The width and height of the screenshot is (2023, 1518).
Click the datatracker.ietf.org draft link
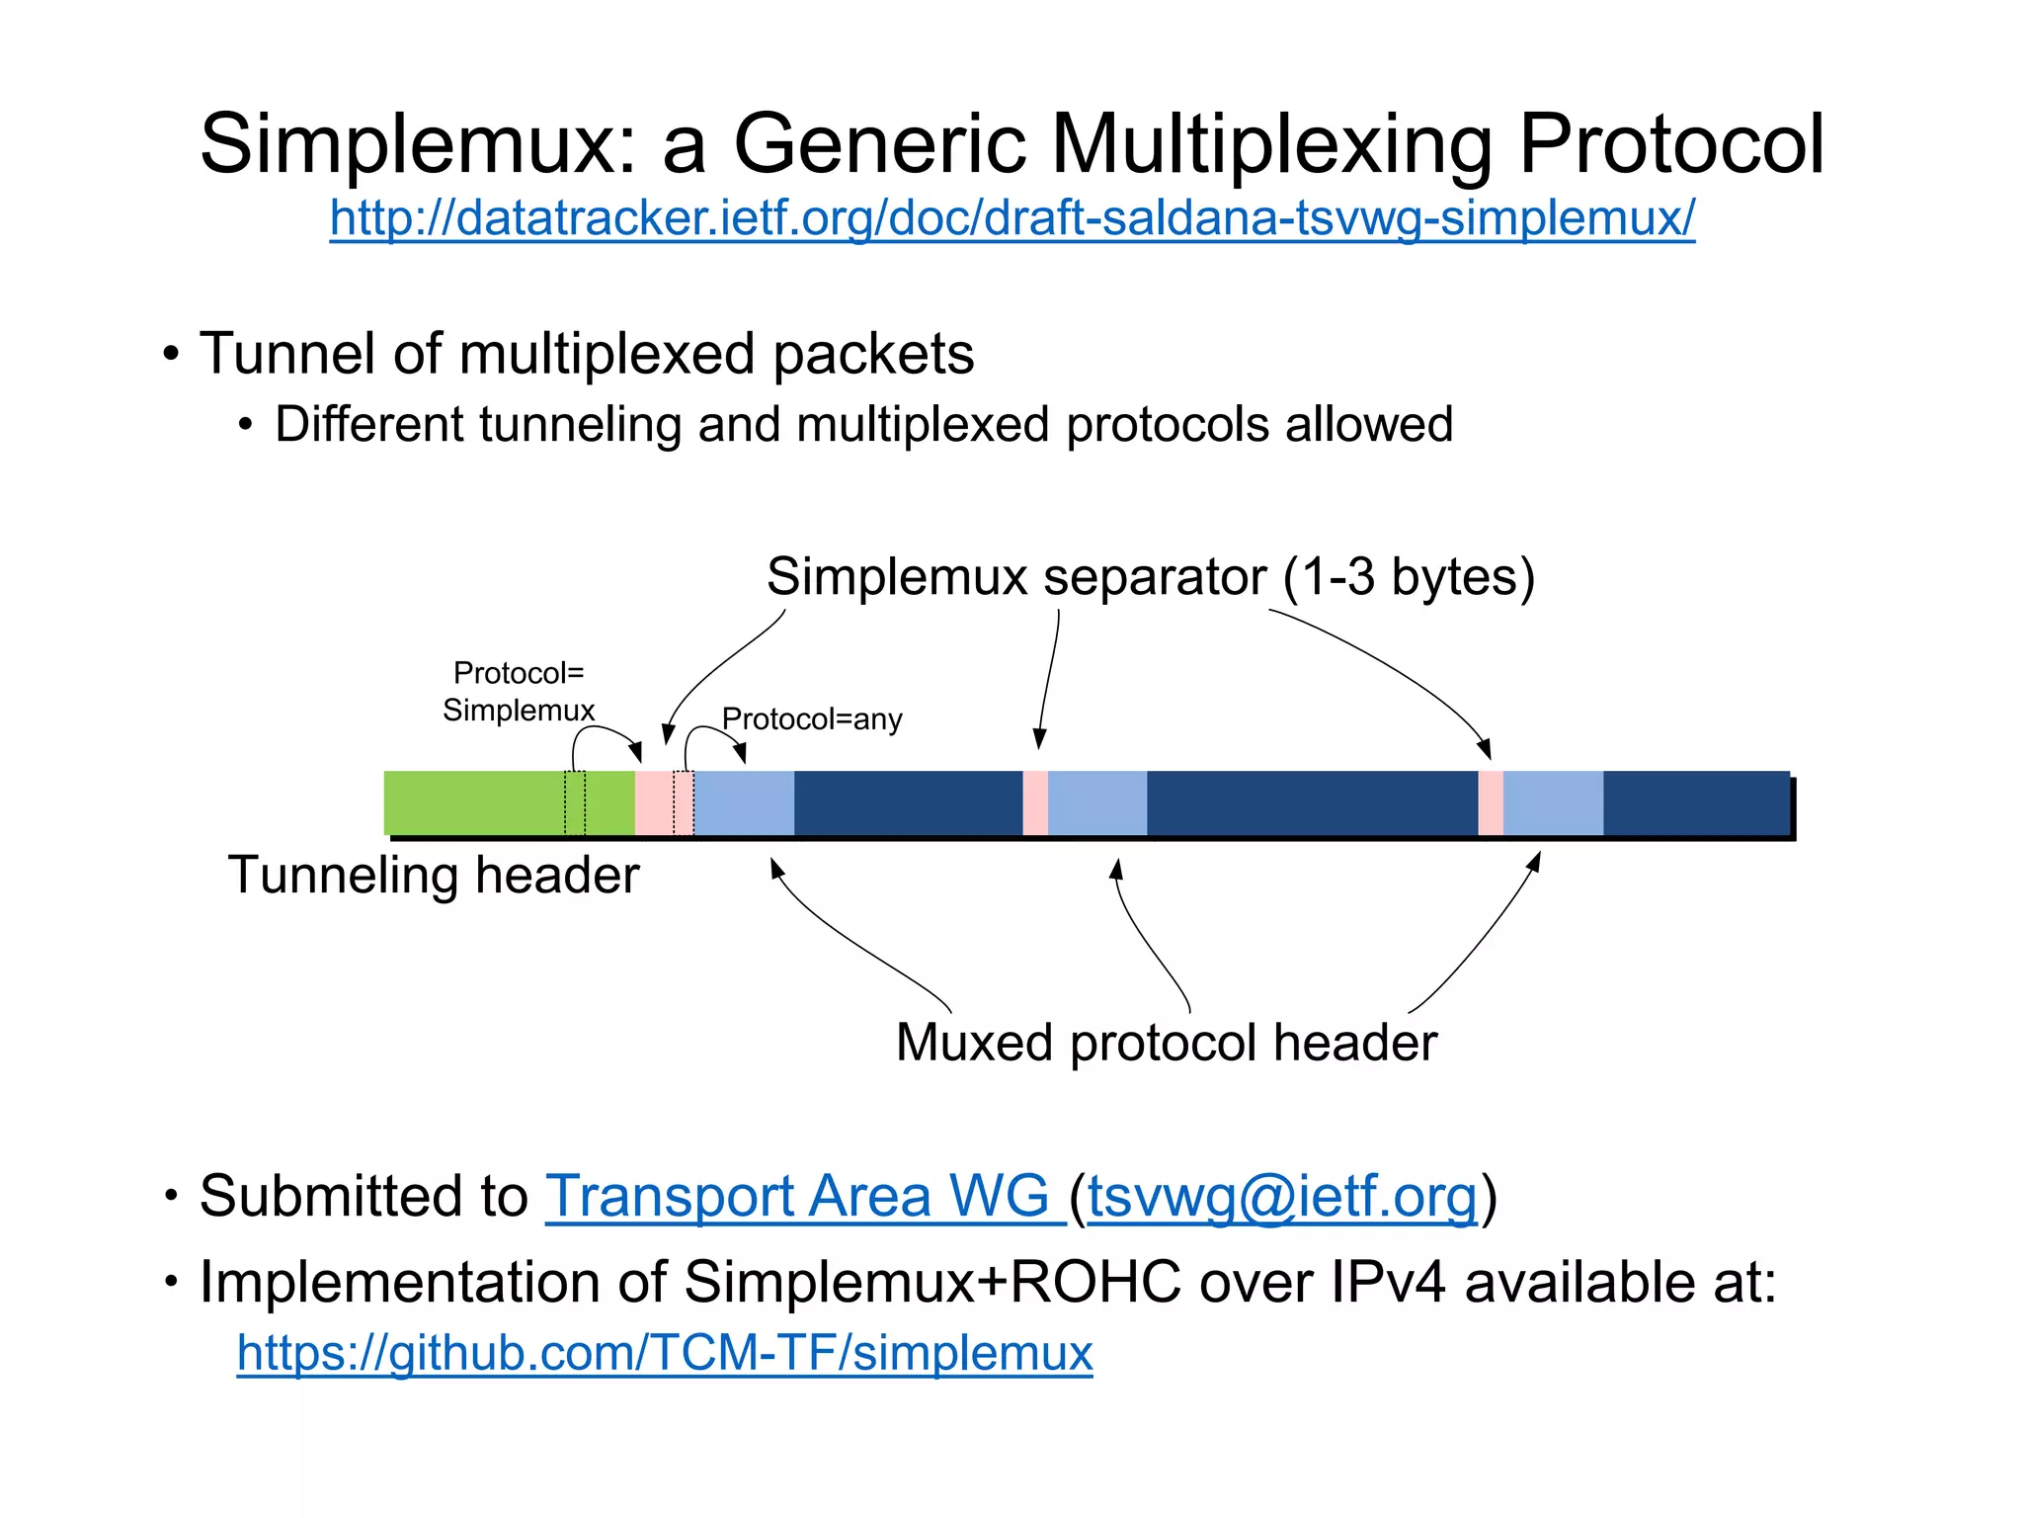click(1011, 218)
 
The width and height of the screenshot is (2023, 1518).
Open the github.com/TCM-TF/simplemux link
click(664, 1352)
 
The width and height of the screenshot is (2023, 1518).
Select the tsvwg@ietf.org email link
click(1282, 1196)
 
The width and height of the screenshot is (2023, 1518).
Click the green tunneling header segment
click(474, 803)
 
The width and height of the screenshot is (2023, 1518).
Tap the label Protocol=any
click(812, 718)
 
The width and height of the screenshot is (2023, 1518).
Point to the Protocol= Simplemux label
click(519, 691)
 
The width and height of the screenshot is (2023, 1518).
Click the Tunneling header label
click(434, 876)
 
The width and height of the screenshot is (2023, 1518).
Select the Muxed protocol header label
click(1166, 1043)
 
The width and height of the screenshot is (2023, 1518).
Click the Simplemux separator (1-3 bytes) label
click(1150, 576)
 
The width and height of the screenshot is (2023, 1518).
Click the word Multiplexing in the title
click(1274, 144)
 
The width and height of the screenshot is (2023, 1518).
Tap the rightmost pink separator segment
click(1490, 803)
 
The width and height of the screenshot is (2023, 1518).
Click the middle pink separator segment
click(1034, 803)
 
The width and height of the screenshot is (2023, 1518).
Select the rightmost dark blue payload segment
click(1695, 803)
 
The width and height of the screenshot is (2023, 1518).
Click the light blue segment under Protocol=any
click(744, 803)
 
